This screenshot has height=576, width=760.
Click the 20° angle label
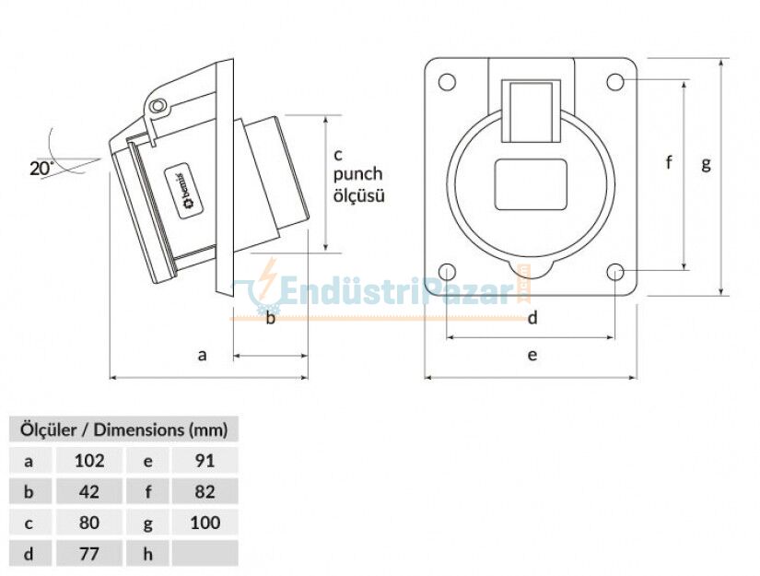tap(41, 168)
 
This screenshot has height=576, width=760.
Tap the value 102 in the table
tap(89, 460)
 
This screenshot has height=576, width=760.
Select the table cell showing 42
tap(89, 491)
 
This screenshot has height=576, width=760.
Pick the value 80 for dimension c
tap(89, 523)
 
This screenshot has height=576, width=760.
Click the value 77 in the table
tap(89, 554)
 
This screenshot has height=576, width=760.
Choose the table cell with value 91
tap(205, 460)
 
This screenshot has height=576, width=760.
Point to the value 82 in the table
tap(205, 491)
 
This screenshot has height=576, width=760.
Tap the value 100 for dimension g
tap(205, 523)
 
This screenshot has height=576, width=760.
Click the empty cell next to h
tap(205, 554)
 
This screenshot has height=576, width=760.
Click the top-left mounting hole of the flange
tap(447, 82)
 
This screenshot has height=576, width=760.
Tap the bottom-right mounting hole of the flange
tap(615, 272)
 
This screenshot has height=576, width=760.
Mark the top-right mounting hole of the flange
tap(615, 82)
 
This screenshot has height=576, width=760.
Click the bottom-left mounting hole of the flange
tap(447, 272)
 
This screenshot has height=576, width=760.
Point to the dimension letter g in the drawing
tap(707, 164)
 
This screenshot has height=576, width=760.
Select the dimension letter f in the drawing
tap(670, 163)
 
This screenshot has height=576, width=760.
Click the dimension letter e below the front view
tap(532, 353)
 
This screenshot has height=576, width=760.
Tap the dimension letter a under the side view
tap(203, 353)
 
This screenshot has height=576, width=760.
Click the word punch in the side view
tap(357, 174)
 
